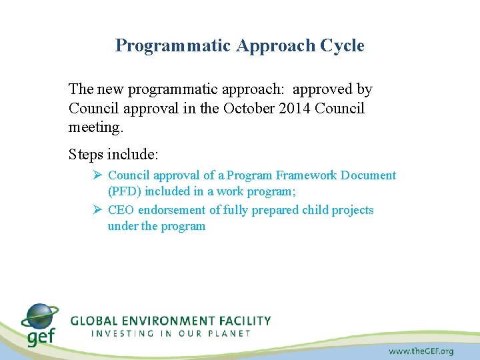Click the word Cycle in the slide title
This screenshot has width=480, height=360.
click(x=342, y=46)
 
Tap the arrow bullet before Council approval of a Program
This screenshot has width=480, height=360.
click(x=97, y=175)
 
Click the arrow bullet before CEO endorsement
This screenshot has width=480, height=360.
click(x=97, y=210)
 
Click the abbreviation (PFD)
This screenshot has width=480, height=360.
click(x=125, y=191)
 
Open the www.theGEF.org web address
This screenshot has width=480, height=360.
click(x=421, y=351)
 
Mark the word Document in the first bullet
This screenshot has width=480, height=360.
click(x=368, y=175)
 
